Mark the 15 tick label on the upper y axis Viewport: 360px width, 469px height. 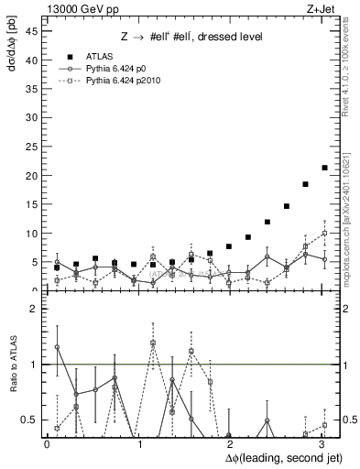click(34, 204)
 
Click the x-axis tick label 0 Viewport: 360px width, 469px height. click(47, 444)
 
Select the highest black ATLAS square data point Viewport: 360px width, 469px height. click(324, 168)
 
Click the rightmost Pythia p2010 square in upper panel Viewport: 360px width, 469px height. click(324, 234)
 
